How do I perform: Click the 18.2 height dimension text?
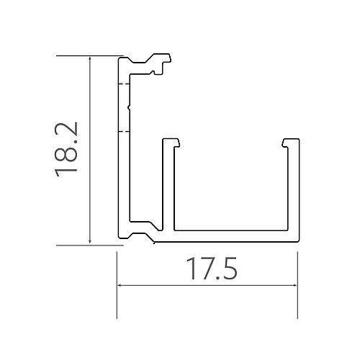coord(66,149)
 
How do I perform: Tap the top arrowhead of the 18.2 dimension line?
coord(90,60)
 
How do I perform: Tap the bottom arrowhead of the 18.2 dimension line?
coord(90,241)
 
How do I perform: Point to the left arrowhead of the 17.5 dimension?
coord(120,286)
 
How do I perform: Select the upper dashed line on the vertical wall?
coord(123,85)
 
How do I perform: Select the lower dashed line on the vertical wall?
coord(123,132)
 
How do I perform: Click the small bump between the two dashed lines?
coord(127,108)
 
